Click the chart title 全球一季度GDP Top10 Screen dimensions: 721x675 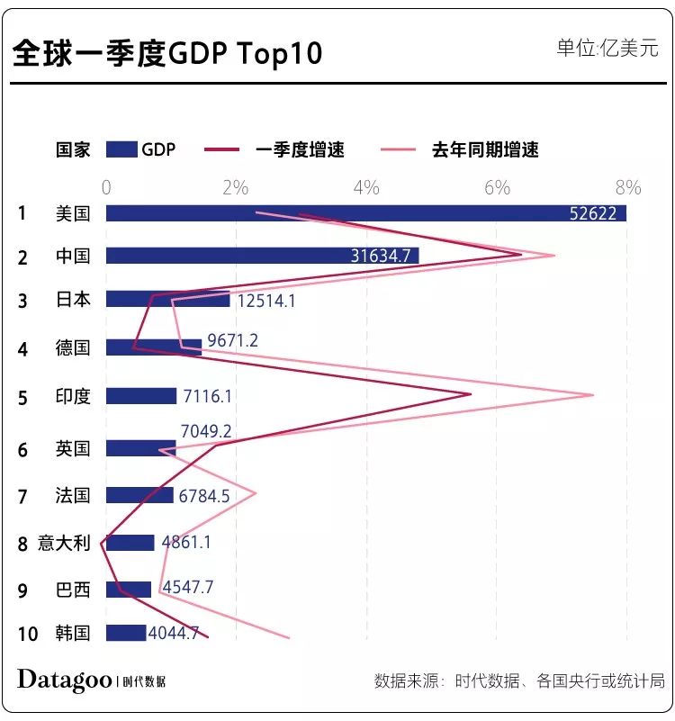click(167, 53)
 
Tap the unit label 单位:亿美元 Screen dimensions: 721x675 click(607, 48)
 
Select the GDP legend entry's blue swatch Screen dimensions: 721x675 click(121, 149)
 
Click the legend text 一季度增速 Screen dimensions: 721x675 click(300, 150)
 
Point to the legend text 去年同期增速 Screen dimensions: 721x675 click(485, 150)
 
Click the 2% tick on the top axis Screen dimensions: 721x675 click(235, 188)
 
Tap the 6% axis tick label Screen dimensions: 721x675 click(497, 188)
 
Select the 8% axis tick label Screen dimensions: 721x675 click(627, 188)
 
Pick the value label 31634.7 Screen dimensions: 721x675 click(380, 257)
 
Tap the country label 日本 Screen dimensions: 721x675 click(73, 299)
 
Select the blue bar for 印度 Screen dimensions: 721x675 click(141, 396)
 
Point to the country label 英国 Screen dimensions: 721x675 click(73, 447)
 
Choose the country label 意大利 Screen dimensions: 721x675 click(64, 543)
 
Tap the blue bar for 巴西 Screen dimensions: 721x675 click(129, 590)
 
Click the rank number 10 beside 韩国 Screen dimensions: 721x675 click(28, 634)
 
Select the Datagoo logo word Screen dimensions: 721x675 click(63, 680)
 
